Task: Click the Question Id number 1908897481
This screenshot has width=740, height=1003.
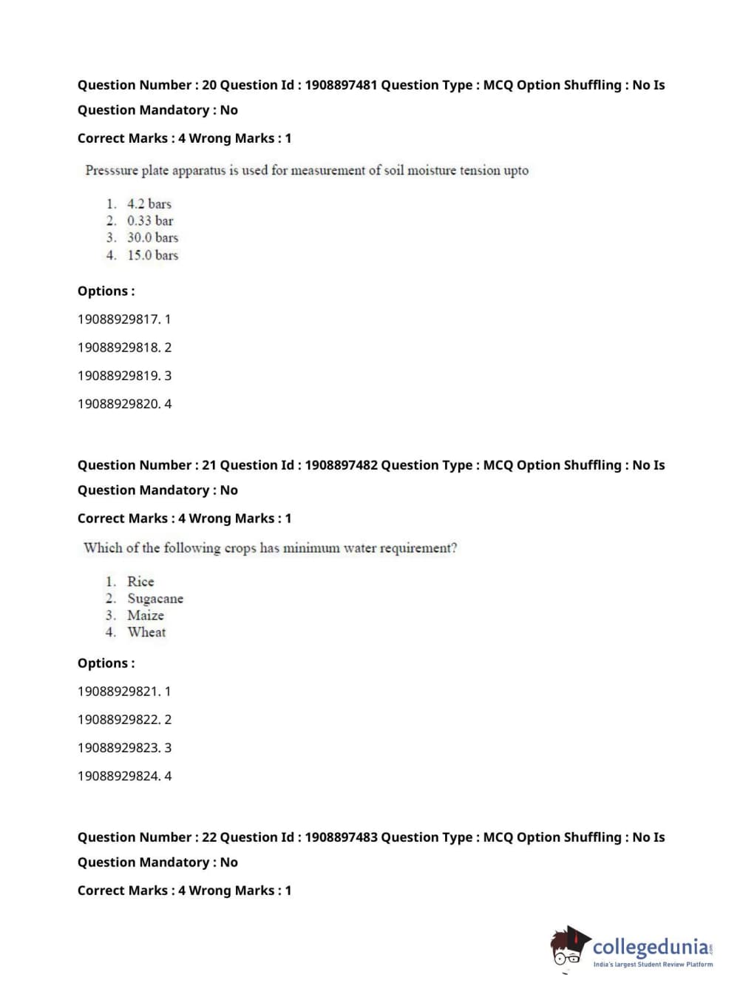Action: pyautogui.click(x=341, y=85)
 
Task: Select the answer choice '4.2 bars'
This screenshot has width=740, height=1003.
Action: pyautogui.click(x=149, y=204)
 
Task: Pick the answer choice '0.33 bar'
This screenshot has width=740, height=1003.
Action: pyautogui.click(x=150, y=221)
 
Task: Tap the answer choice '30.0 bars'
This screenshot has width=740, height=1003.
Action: pyautogui.click(x=152, y=238)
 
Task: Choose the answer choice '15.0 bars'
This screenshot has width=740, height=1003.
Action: pyautogui.click(x=152, y=255)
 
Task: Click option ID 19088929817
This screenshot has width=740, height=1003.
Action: pyautogui.click(x=118, y=320)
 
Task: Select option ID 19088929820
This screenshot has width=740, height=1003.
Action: pyautogui.click(x=118, y=404)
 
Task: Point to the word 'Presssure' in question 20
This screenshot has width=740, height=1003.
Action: pyautogui.click(x=112, y=171)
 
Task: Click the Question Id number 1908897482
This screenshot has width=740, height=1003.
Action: pyautogui.click(x=341, y=465)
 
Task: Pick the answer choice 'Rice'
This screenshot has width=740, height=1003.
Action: pyautogui.click(x=140, y=582)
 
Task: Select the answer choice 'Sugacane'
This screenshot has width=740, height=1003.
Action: pyautogui.click(x=155, y=599)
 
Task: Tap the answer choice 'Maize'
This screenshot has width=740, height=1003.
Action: pyautogui.click(x=146, y=615)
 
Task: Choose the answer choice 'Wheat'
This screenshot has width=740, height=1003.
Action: pyautogui.click(x=146, y=632)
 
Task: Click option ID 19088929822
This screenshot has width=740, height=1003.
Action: pyautogui.click(x=118, y=720)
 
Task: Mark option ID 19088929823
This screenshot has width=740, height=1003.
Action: pyautogui.click(x=118, y=748)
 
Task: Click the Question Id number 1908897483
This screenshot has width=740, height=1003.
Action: pyautogui.click(x=341, y=837)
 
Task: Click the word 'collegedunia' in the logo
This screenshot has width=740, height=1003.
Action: pyautogui.click(x=650, y=947)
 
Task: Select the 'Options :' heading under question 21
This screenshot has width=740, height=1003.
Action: pyautogui.click(x=106, y=663)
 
